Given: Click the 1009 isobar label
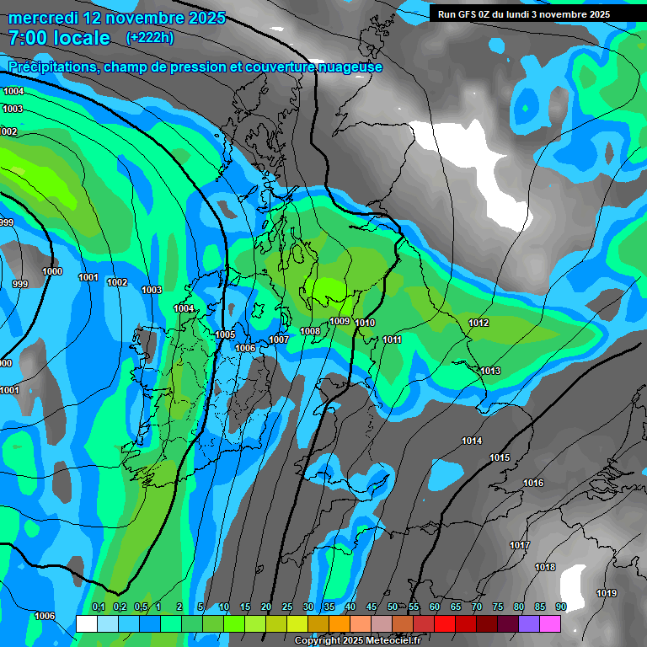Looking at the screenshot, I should pyautogui.click(x=340, y=321).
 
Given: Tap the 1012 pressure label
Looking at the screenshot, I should pyautogui.click(x=479, y=323).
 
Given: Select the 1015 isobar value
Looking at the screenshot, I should pyautogui.click(x=500, y=457).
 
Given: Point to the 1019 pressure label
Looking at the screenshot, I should pyautogui.click(x=607, y=593).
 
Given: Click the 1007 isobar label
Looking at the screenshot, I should pyautogui.click(x=279, y=340).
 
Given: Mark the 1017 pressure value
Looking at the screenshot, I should pyautogui.click(x=520, y=545).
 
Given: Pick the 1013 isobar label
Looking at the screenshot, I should pyautogui.click(x=490, y=371).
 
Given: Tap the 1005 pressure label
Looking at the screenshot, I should pyautogui.click(x=225, y=334).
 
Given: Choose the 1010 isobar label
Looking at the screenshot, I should pyautogui.click(x=365, y=323).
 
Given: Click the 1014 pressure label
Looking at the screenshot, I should pyautogui.click(x=472, y=441).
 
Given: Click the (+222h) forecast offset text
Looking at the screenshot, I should pyautogui.click(x=149, y=38).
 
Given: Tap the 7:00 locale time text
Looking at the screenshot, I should pyautogui.click(x=59, y=38).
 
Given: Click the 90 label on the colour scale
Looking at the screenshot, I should pyautogui.click(x=560, y=607).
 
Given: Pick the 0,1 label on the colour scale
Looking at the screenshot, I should pyautogui.click(x=98, y=607).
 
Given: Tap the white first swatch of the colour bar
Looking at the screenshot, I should pyautogui.click(x=86, y=623).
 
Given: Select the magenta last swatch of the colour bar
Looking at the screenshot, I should pyautogui.click(x=550, y=623).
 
